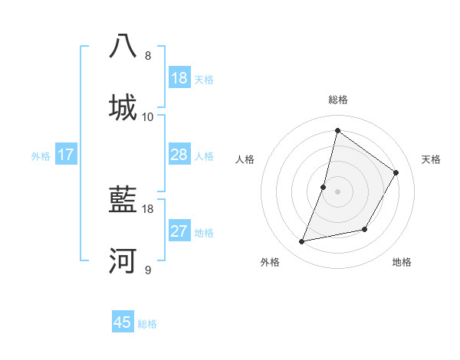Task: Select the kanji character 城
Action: tap(123, 106)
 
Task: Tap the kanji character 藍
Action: tap(123, 201)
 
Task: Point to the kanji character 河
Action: tap(123, 261)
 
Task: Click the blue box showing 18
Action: tap(179, 78)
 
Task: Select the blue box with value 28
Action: tap(179, 155)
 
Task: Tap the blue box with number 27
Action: tap(179, 231)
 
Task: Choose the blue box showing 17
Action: tap(66, 155)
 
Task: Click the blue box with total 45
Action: tap(123, 322)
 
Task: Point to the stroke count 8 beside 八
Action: tap(148, 56)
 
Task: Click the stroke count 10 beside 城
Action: tap(148, 117)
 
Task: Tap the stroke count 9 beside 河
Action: tap(148, 270)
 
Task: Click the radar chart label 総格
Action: tap(338, 100)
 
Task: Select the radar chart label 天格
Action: tap(431, 159)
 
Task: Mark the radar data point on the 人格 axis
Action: tap(324, 187)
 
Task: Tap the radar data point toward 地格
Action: tap(365, 229)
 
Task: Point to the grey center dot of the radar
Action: tap(338, 191)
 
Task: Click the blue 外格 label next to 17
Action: tap(41, 155)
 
